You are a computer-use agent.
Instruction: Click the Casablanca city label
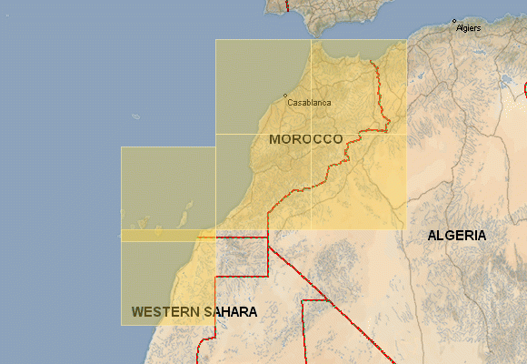(309, 103)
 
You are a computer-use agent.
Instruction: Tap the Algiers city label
(470, 28)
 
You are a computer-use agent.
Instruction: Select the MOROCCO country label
(306, 139)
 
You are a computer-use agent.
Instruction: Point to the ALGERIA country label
(457, 236)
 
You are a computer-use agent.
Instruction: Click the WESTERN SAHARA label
(194, 311)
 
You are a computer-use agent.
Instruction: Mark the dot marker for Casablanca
(285, 96)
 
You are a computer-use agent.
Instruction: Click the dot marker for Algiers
(453, 21)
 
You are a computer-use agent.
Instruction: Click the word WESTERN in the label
(165, 311)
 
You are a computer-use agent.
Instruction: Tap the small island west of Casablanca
(136, 116)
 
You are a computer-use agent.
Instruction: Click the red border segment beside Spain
(287, 5)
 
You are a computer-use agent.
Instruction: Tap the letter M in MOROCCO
(275, 139)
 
